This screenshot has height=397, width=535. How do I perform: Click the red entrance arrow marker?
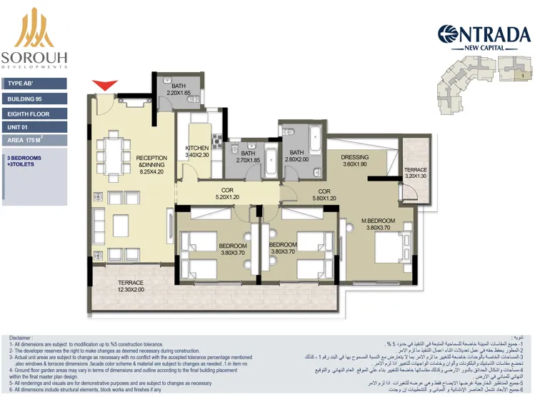pyautogui.click(x=106, y=85)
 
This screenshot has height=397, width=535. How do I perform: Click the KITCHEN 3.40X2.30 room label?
pyautogui.click(x=197, y=151)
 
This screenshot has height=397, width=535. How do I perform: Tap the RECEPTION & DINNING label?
pyautogui.click(x=151, y=165)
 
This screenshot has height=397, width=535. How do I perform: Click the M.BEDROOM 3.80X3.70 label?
pyautogui.click(x=379, y=224)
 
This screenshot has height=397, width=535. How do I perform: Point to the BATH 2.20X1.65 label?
pyautogui.click(x=179, y=90)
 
